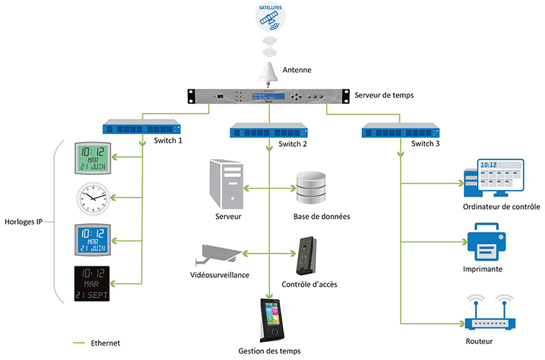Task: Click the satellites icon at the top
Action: tap(271, 17)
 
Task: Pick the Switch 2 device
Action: tap(269, 131)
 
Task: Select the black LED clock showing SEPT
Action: tap(93, 283)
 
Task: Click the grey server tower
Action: tap(225, 184)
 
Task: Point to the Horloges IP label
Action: tap(24, 221)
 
